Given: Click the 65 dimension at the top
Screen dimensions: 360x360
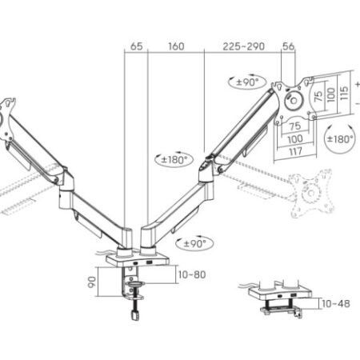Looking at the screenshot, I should pyautogui.click(x=136, y=46).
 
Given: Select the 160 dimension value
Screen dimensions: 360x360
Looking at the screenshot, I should pyautogui.click(x=177, y=46).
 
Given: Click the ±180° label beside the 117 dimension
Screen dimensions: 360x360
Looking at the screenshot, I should pyautogui.click(x=340, y=138).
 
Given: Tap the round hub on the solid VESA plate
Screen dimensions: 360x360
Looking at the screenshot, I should pyautogui.click(x=293, y=99).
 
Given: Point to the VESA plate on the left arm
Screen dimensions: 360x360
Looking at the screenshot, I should pyautogui.click(x=8, y=116).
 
